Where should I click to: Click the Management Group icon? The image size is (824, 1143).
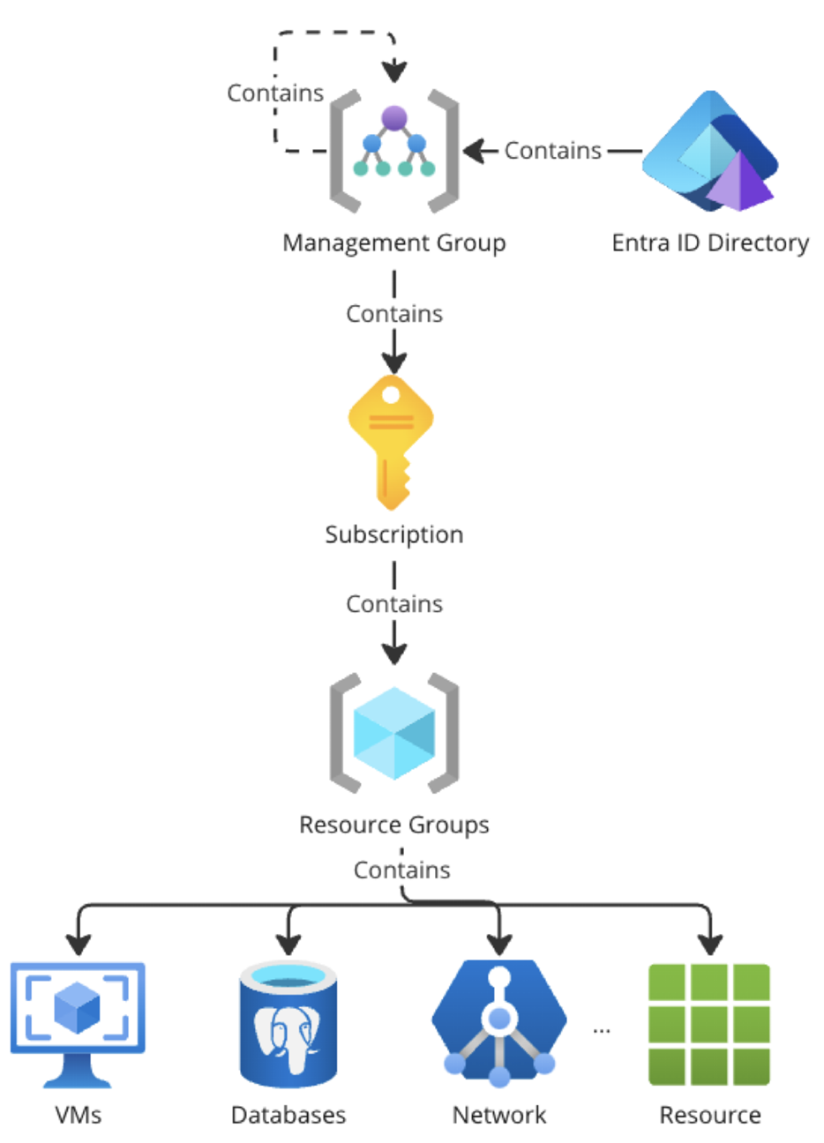(x=394, y=151)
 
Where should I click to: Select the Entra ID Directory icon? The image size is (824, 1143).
(x=710, y=152)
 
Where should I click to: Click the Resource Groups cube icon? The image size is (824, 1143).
(x=394, y=733)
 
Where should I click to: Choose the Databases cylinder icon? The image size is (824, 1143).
(x=288, y=1024)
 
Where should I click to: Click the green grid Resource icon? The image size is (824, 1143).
(x=709, y=1024)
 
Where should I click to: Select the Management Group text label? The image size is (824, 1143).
(x=394, y=243)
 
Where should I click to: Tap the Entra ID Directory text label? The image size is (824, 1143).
(x=710, y=243)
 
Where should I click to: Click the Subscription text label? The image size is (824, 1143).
(x=394, y=534)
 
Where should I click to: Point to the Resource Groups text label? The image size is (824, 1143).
(x=394, y=825)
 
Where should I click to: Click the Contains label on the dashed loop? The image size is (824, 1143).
(x=275, y=93)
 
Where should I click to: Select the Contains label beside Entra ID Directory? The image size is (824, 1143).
(x=553, y=151)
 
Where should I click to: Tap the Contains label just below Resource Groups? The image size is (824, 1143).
(x=402, y=870)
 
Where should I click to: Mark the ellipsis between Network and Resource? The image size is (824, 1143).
(x=602, y=1029)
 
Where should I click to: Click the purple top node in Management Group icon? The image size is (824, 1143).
(x=394, y=117)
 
